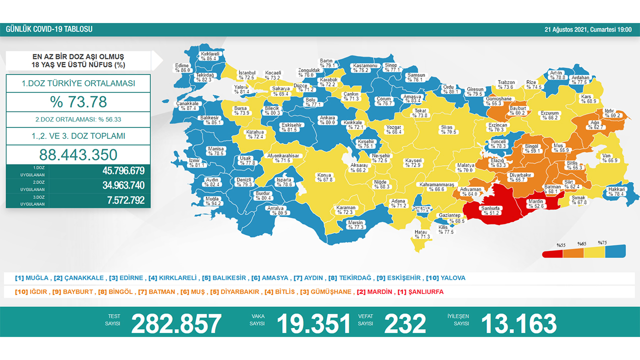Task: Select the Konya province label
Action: (x=324, y=177)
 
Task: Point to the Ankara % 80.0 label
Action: (x=327, y=120)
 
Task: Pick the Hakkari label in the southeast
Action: (x=616, y=191)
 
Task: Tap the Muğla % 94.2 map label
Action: (x=212, y=201)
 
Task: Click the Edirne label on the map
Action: (x=182, y=68)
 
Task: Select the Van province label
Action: (x=607, y=158)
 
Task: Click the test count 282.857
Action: (x=176, y=323)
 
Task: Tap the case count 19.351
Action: (x=313, y=323)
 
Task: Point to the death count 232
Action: (x=405, y=323)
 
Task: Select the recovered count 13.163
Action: (x=518, y=323)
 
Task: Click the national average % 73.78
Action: (x=78, y=102)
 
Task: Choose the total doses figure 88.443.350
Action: (x=78, y=154)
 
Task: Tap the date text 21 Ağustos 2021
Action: (x=566, y=29)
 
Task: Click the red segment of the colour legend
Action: (x=552, y=253)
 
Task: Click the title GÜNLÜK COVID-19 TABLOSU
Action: (x=49, y=29)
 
